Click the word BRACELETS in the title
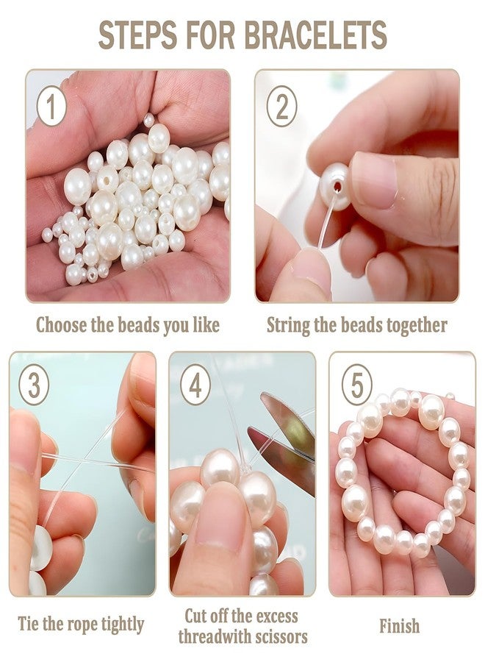tap(315, 35)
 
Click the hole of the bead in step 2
tap(338, 187)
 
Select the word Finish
tap(399, 625)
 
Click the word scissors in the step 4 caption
tap(276, 636)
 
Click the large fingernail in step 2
tap(375, 180)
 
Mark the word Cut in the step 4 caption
tap(196, 616)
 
